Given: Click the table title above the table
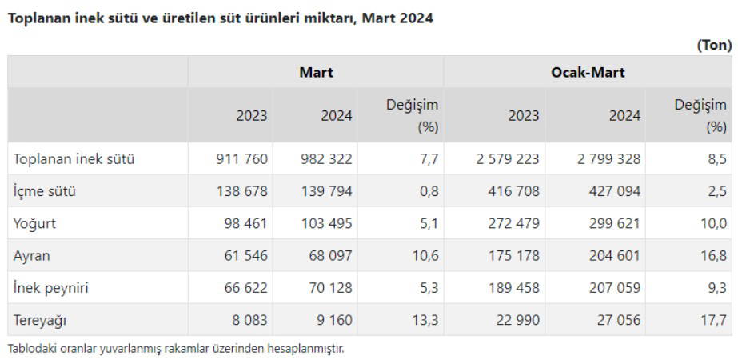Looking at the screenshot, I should coord(221,18).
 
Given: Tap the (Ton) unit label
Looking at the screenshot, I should coord(714,46).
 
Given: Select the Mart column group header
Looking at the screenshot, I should coord(316,72).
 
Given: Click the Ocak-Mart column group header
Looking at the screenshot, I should coord(588,72).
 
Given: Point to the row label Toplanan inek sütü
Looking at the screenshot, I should coord(74,159).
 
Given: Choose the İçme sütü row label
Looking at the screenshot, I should coord(45,191).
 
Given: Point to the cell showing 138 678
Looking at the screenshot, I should coord(241,191).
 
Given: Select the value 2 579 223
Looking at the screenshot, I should coord(508,159).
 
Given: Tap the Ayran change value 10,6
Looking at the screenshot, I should coord(423,256).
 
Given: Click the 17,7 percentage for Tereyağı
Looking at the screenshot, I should coord(713,320).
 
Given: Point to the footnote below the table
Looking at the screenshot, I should coord(176,349).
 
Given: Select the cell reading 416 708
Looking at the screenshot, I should coord(514,191).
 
